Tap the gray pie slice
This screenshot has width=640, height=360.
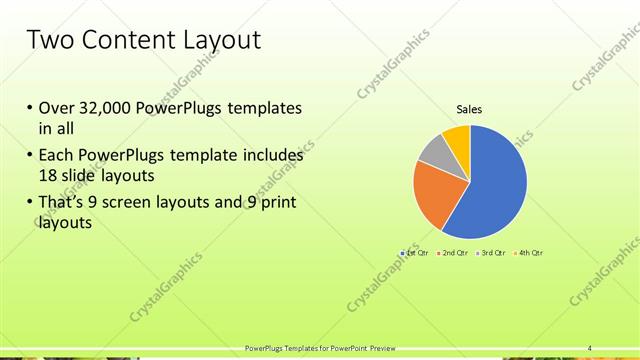point(432,150)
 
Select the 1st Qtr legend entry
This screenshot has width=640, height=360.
point(416,253)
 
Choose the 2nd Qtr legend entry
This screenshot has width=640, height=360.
point(454,253)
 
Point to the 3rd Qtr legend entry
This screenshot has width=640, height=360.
point(492,253)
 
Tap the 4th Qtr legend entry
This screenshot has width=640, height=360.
point(529,253)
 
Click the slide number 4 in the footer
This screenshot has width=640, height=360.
point(589,348)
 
